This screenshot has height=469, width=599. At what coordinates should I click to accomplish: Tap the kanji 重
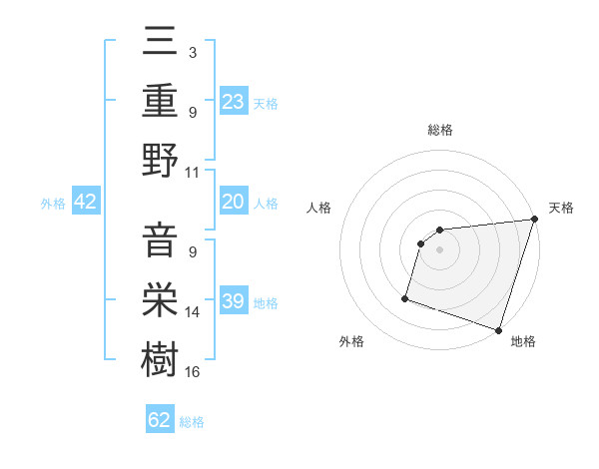160,102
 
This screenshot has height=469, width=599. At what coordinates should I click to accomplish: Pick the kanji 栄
160,299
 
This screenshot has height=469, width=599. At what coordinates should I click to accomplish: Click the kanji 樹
160,357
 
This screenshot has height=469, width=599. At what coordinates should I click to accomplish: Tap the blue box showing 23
234,101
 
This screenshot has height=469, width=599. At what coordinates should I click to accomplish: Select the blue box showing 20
234,202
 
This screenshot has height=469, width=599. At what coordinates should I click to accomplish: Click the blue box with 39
234,301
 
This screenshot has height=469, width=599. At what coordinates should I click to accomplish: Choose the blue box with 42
86,202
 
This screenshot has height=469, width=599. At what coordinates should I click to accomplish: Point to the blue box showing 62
160,420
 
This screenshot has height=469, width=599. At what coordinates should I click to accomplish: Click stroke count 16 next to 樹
193,372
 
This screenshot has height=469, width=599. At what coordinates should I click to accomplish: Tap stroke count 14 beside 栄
193,313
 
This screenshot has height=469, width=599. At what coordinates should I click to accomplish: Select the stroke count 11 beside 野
193,172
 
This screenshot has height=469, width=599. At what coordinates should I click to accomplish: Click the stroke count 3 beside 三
192,52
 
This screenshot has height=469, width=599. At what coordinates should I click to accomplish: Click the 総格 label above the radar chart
439,130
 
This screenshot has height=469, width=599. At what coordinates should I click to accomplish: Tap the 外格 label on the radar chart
351,341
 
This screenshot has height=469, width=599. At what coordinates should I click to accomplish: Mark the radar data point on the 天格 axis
534,221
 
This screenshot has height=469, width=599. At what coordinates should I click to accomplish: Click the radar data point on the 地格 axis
498,329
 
